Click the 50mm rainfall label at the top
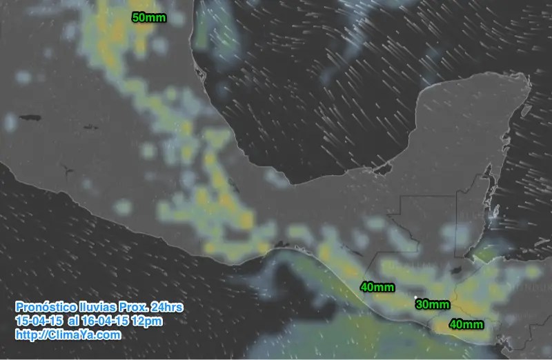tap(148, 17)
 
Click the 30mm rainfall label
tap(433, 304)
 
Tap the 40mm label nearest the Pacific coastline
tap(377, 286)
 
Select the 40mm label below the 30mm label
tap(466, 323)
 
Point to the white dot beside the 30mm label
tap(415, 298)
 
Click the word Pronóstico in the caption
tap(43, 306)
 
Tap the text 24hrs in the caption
tap(167, 306)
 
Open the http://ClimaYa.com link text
tap(68, 335)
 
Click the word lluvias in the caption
tap(97, 306)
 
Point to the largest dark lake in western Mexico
tap(31, 118)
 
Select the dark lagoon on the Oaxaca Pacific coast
tap(282, 243)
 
